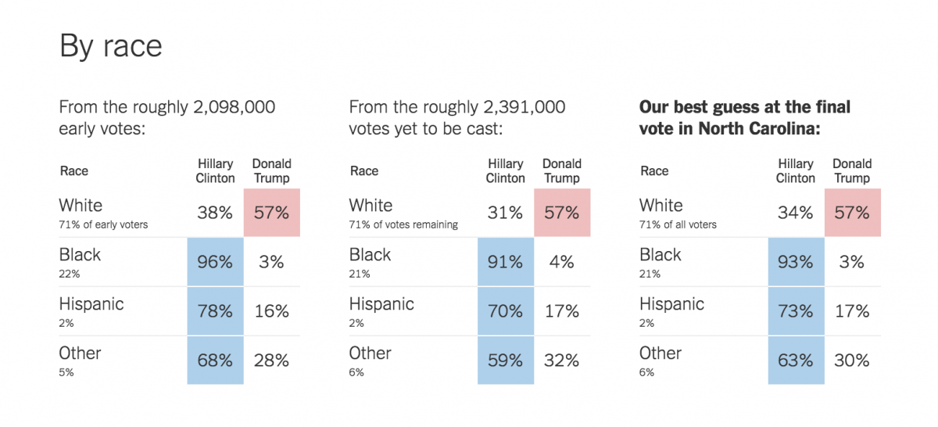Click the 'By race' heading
point(111,46)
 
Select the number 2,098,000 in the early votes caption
point(234,107)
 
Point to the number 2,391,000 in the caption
point(524,107)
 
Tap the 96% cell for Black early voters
point(215,262)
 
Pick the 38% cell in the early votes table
point(215,213)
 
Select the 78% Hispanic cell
point(215,311)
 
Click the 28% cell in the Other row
point(271,361)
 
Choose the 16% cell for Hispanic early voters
point(271,311)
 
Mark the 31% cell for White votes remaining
point(505,213)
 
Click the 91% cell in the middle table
point(505,262)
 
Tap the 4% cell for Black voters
point(561,262)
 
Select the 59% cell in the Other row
point(505,361)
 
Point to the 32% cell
point(561,361)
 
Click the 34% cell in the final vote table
point(796,213)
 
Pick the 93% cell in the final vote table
point(796,262)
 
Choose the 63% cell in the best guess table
point(796,361)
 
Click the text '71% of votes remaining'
point(403,225)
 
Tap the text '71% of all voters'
point(678,225)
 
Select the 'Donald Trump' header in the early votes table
point(271,170)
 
